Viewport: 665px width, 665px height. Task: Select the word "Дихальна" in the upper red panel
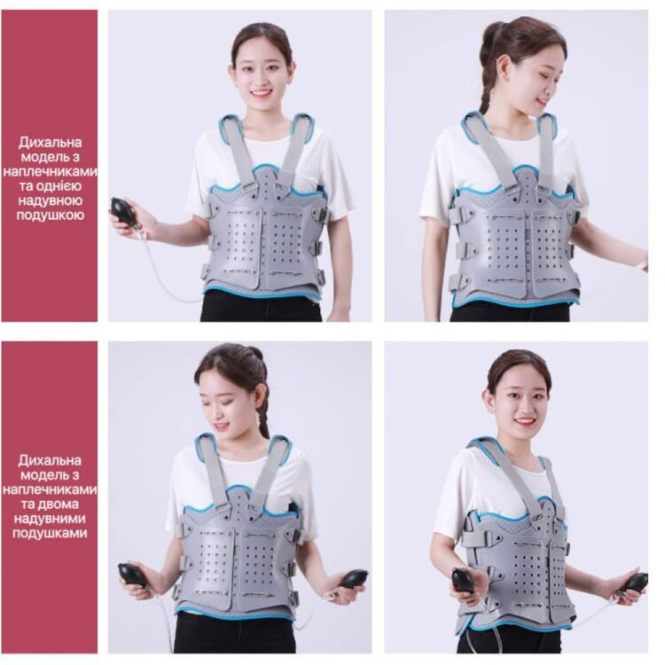(x=50, y=142)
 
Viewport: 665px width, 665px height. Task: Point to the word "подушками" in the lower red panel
(x=50, y=533)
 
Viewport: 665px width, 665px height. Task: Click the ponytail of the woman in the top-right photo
(x=488, y=76)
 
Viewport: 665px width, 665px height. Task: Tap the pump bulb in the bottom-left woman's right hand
(x=132, y=574)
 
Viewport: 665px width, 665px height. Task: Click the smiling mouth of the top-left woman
(x=261, y=92)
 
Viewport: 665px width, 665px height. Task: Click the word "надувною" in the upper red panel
(x=51, y=200)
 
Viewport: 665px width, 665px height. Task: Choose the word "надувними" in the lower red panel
(x=50, y=519)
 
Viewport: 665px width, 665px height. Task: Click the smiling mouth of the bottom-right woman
(x=526, y=421)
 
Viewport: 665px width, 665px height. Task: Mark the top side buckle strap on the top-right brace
(x=462, y=215)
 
